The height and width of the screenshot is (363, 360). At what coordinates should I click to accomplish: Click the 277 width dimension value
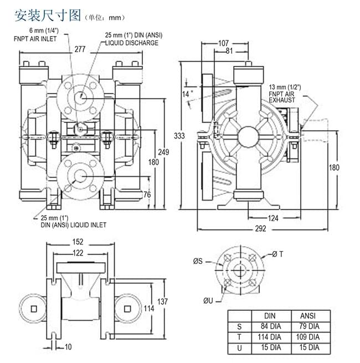pos(80,49)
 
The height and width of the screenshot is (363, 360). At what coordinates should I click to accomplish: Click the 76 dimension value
pos(147,195)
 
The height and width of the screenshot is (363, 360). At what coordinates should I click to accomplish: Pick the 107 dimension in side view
pos(223,43)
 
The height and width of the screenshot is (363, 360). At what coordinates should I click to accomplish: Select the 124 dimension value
pos(272,218)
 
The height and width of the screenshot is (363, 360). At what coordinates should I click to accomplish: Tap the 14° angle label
pos(188,94)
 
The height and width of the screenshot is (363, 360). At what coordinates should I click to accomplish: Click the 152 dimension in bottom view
pos(78,242)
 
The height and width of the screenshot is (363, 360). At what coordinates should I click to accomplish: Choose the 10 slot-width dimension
pos(68,347)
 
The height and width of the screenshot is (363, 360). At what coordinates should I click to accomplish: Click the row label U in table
pos(239,347)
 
